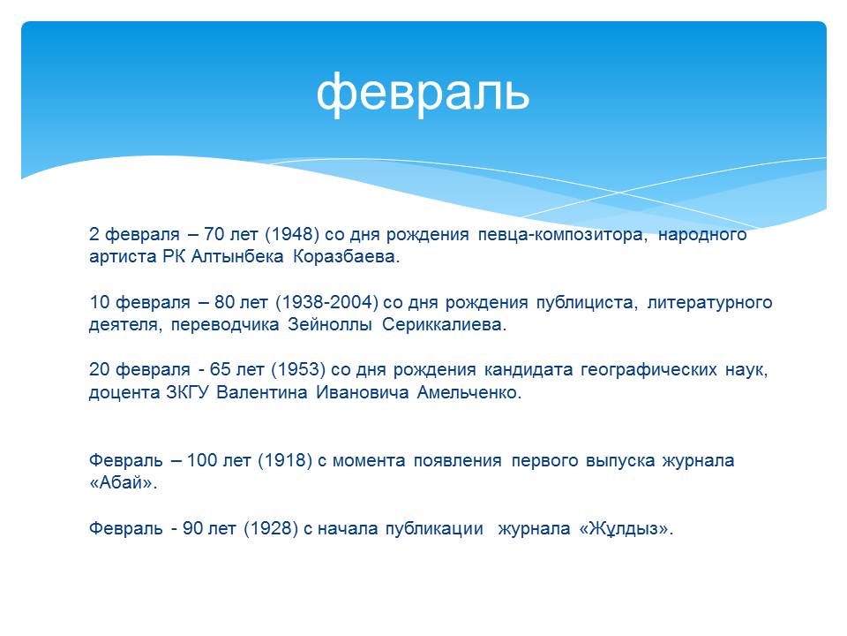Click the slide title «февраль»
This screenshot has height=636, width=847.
(423, 93)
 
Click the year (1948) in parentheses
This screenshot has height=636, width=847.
(292, 234)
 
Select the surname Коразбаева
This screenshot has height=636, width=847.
(346, 256)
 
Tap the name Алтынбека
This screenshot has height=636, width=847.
(237, 256)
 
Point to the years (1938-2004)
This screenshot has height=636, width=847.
(326, 302)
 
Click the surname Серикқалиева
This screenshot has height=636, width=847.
(444, 324)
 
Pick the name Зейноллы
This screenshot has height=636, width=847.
(329, 324)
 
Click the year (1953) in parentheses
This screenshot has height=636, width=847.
(298, 370)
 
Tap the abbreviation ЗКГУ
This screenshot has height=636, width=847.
(187, 392)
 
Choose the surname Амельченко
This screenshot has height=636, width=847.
(469, 392)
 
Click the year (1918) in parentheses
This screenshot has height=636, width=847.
(285, 461)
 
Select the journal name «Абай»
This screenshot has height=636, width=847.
(123, 482)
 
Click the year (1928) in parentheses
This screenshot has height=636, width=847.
(271, 528)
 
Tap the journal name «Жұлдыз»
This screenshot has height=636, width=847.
(626, 529)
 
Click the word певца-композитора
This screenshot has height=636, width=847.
(562, 235)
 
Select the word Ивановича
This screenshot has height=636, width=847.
(362, 392)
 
